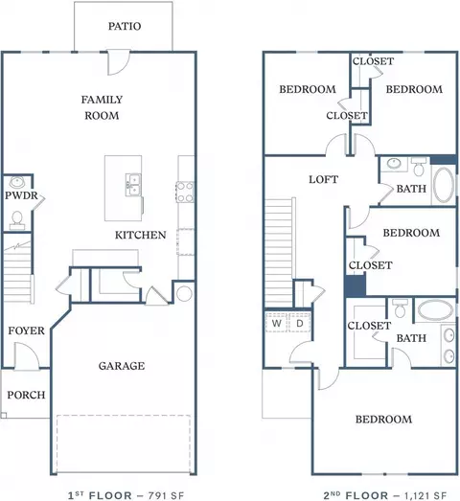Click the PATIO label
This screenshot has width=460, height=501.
(125, 26)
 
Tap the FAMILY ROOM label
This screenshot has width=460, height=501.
(102, 107)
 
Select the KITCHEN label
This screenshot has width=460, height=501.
(140, 235)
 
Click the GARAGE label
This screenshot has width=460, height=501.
(122, 366)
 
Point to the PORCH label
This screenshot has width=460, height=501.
(26, 395)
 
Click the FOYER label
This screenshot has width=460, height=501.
(26, 330)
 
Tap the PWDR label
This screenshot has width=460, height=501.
(21, 195)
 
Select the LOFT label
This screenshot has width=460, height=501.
(323, 179)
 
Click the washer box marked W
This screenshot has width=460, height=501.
(276, 323)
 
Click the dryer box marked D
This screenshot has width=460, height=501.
(300, 323)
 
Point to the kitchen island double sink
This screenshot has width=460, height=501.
(133, 184)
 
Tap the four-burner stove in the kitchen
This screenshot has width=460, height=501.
(185, 192)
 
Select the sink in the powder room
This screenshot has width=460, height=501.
(16, 182)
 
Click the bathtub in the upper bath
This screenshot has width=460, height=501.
(444, 185)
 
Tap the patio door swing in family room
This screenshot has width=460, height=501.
(119, 62)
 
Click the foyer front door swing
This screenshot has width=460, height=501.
(27, 356)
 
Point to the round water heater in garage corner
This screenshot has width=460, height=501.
(184, 294)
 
